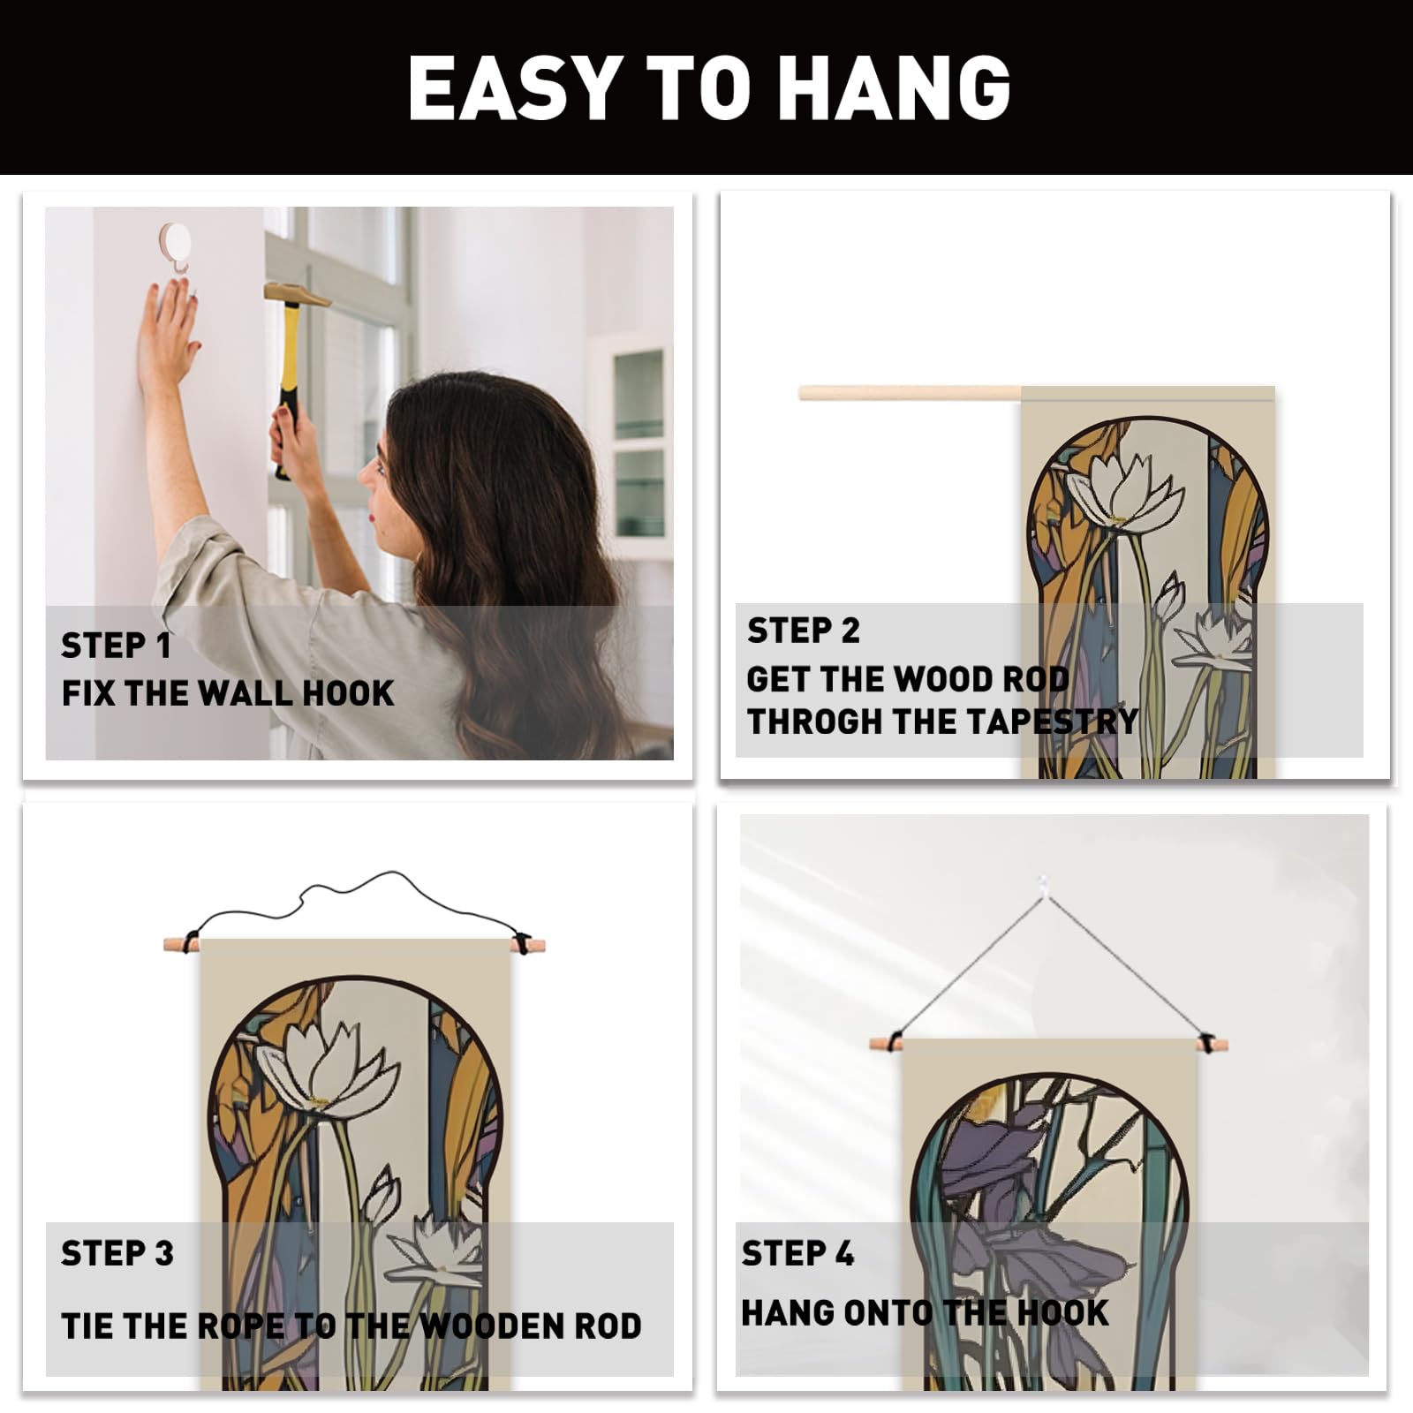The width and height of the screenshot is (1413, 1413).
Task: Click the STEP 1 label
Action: click(x=116, y=646)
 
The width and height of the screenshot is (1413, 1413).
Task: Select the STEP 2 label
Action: click(x=803, y=631)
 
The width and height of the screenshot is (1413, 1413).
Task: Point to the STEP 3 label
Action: click(x=117, y=1253)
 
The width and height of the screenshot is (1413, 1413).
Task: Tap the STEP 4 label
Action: click(x=797, y=1253)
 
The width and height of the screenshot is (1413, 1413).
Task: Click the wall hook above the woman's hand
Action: click(x=175, y=246)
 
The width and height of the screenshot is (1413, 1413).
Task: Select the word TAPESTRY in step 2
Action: click(x=1052, y=722)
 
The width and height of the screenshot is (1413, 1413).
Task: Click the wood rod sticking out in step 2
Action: click(x=910, y=393)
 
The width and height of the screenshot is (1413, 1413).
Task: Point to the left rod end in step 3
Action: click(x=175, y=944)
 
